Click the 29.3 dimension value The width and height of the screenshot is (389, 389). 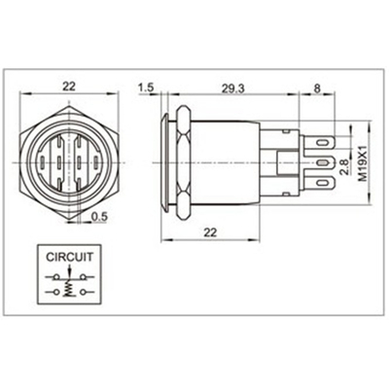tap(232, 88)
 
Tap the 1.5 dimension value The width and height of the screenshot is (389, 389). tap(146, 88)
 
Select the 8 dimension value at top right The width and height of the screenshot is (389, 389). tap(317, 88)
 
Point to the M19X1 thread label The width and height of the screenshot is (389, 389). tap(364, 163)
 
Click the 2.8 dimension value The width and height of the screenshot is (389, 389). tap(345, 167)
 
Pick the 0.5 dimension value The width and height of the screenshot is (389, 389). tap(99, 217)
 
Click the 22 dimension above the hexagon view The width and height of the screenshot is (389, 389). tap(69, 87)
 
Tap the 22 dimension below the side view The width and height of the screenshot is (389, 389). tap(210, 232)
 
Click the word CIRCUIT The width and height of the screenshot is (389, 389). tap(69, 257)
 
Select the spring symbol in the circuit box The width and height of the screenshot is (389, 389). tap(68, 288)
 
